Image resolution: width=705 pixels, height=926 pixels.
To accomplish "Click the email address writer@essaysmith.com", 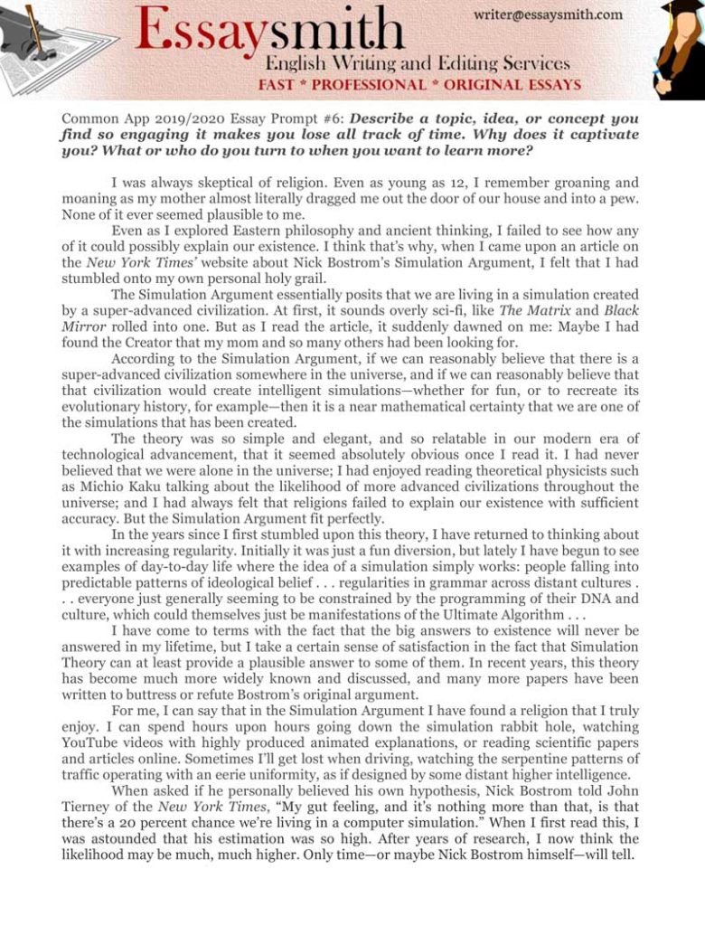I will coord(548,14).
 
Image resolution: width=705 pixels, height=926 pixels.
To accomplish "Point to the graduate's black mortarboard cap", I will coord(681,8).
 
